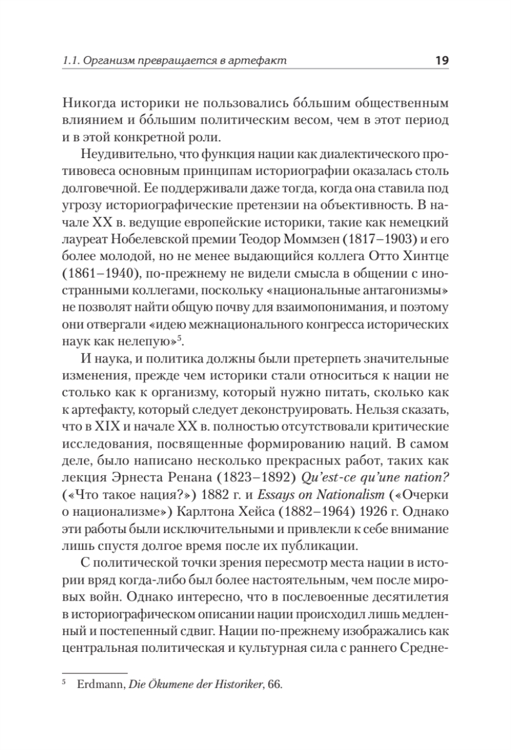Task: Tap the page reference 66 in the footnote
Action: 273,684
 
